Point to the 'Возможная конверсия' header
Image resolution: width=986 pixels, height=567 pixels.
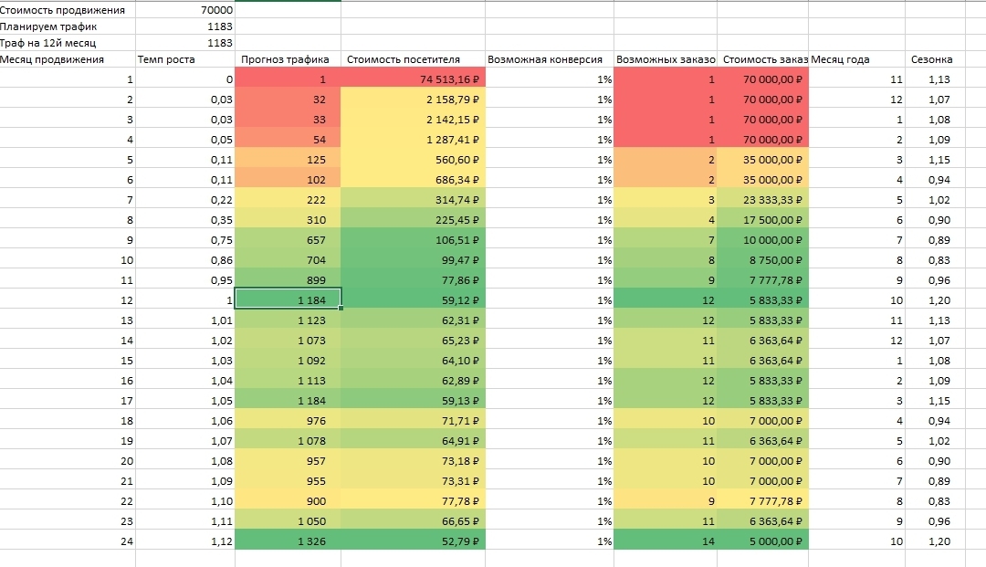coord(545,60)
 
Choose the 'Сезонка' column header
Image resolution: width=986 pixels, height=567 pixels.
coord(932,60)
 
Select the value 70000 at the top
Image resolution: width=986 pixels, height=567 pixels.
coord(215,9)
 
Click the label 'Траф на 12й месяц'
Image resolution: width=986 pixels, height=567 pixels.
coord(48,43)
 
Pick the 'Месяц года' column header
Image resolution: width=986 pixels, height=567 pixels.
coord(840,60)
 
